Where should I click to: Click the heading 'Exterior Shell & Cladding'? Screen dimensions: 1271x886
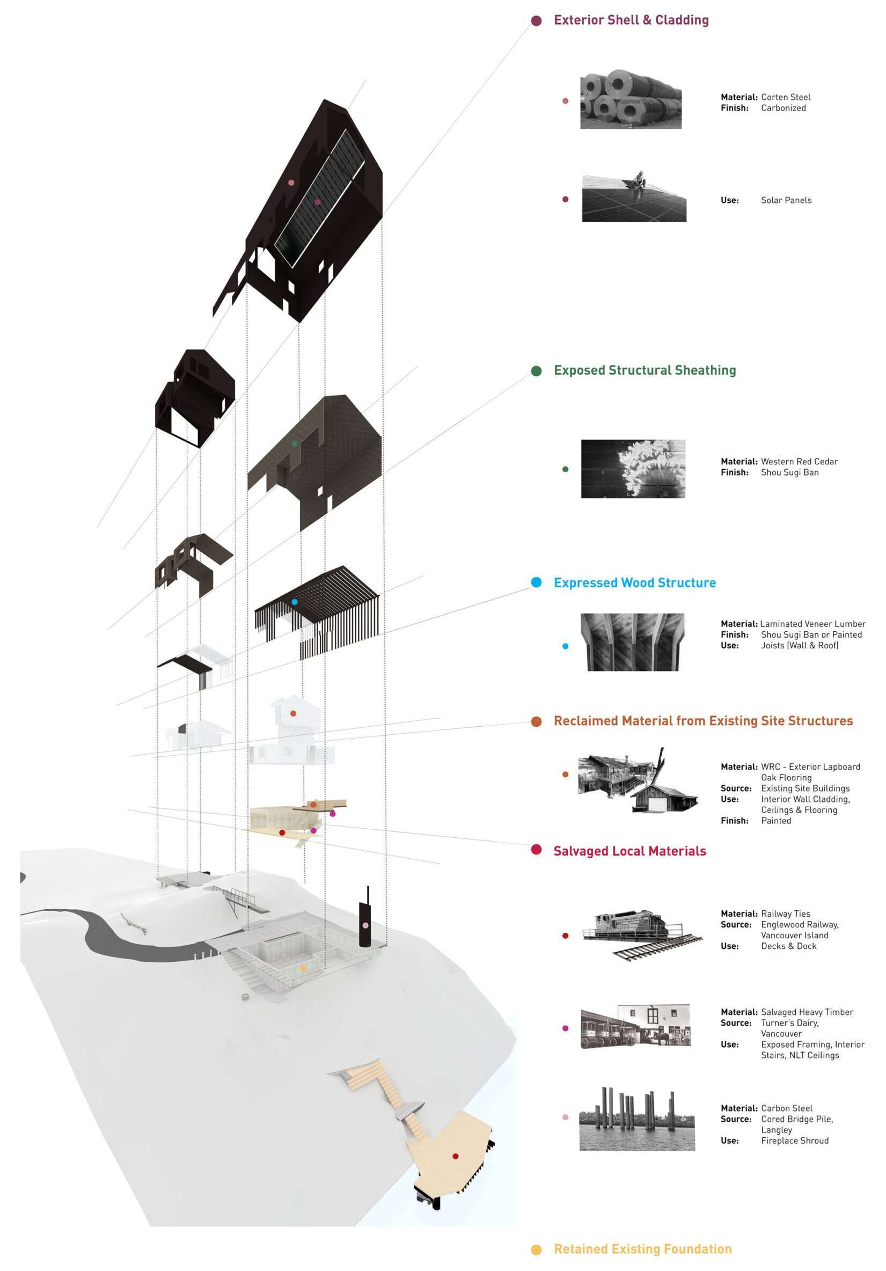[x=631, y=20]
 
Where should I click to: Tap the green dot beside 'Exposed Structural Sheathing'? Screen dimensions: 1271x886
[x=536, y=371]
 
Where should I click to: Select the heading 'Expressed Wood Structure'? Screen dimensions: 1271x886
[x=634, y=583]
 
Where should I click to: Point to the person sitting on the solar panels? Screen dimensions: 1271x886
[x=639, y=180]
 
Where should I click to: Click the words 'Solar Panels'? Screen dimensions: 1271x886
[x=786, y=200]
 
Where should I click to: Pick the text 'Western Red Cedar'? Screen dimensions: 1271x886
[x=799, y=462]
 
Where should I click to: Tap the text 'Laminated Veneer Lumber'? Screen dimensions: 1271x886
[x=812, y=624]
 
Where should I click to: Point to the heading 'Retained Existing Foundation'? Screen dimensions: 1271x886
[x=642, y=1250]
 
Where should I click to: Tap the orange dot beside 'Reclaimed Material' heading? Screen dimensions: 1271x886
[x=536, y=722]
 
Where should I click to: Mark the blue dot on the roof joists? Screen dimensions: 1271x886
[x=295, y=602]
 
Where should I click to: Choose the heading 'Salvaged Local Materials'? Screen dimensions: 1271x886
[x=630, y=851]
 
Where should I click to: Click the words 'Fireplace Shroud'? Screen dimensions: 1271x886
[x=795, y=1141]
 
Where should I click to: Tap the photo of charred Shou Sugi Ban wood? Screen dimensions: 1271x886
[x=633, y=469]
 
